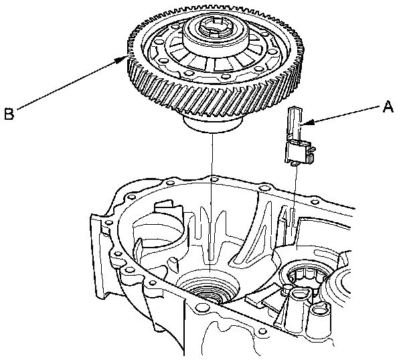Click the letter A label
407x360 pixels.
(388, 107)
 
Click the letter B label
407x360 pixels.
(9, 114)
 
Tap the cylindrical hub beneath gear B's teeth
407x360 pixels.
(213, 124)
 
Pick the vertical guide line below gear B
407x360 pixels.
(212, 203)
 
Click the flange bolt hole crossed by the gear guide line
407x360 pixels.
(213, 179)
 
